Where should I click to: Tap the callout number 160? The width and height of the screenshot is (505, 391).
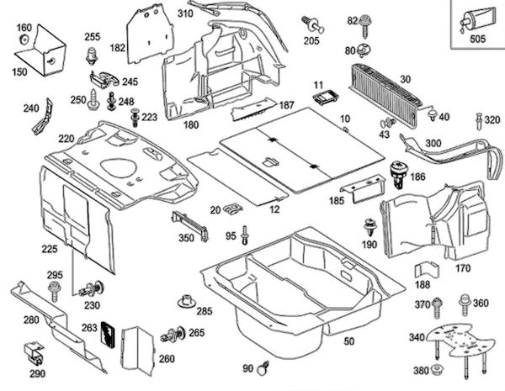pyautogui.click(x=24, y=28)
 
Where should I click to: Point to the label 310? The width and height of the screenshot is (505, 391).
pyautogui.click(x=185, y=13)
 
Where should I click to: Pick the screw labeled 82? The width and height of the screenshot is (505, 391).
pyautogui.click(x=367, y=21)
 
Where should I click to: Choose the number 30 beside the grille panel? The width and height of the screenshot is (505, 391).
pyautogui.click(x=405, y=79)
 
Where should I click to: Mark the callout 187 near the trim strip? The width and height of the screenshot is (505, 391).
pyautogui.click(x=287, y=105)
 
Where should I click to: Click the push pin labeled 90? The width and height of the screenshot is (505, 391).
pyautogui.click(x=266, y=366)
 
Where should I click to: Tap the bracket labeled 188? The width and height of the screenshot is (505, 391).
pyautogui.click(x=426, y=272)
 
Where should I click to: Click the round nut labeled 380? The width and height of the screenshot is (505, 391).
pyautogui.click(x=440, y=371)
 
